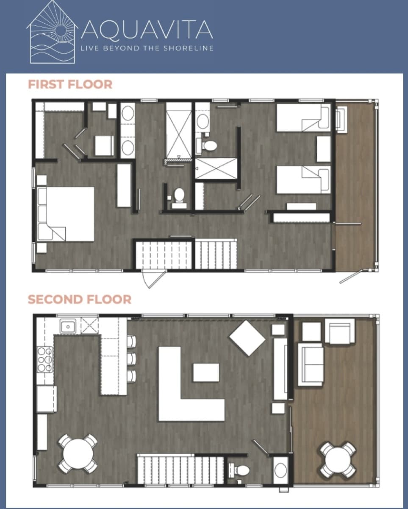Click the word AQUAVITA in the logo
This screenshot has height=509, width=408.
click(147, 29)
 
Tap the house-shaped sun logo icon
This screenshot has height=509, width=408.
click(52, 32)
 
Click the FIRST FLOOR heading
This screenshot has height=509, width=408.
click(70, 84)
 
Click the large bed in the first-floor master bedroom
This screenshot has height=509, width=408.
click(66, 214)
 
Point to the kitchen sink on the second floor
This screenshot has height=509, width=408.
click(68, 327)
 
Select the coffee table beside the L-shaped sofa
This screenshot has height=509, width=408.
click(206, 372)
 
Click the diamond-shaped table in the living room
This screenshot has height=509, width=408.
click(247, 338)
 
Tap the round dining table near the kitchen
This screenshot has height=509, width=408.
click(78, 454)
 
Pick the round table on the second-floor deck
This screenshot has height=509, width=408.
click(338, 460)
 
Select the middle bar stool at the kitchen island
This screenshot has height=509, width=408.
click(131, 359)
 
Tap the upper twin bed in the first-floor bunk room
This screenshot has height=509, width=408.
click(304, 117)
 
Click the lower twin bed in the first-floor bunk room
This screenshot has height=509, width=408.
click(304, 180)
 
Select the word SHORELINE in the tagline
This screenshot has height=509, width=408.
click(188, 48)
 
